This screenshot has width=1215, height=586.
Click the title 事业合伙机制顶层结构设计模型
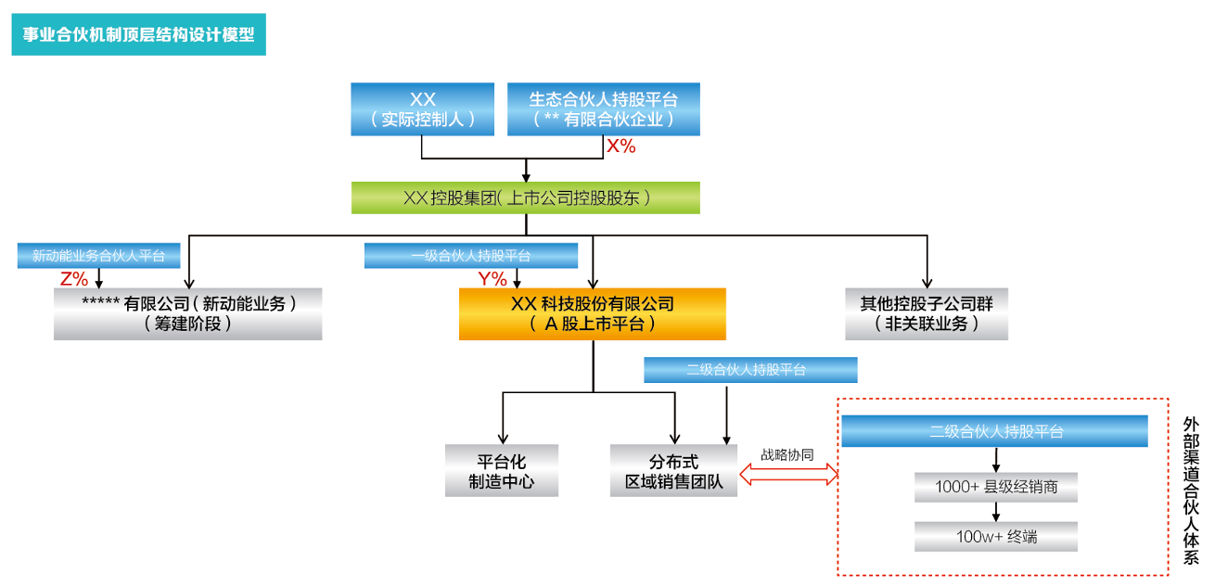(x=138, y=35)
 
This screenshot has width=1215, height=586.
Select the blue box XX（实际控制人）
(x=422, y=108)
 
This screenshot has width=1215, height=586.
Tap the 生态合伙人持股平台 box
(x=603, y=108)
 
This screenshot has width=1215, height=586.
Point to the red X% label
(x=620, y=146)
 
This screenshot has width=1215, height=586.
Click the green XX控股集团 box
(x=525, y=197)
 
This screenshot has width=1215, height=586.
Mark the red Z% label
(x=73, y=278)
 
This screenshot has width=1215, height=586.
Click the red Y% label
(x=492, y=278)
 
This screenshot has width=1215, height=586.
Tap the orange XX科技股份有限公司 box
(x=592, y=313)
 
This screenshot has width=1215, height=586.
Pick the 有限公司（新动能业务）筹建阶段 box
(x=187, y=313)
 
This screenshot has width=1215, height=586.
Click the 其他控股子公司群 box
(x=927, y=313)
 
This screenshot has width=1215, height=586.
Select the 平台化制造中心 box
(x=502, y=471)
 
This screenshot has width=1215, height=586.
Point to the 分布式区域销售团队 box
(x=673, y=471)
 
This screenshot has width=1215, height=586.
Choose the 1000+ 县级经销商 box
(x=995, y=488)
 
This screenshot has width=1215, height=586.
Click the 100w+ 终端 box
(x=995, y=536)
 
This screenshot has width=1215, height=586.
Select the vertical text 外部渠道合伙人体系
(x=1191, y=490)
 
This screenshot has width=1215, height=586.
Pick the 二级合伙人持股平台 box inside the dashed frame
(x=995, y=431)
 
